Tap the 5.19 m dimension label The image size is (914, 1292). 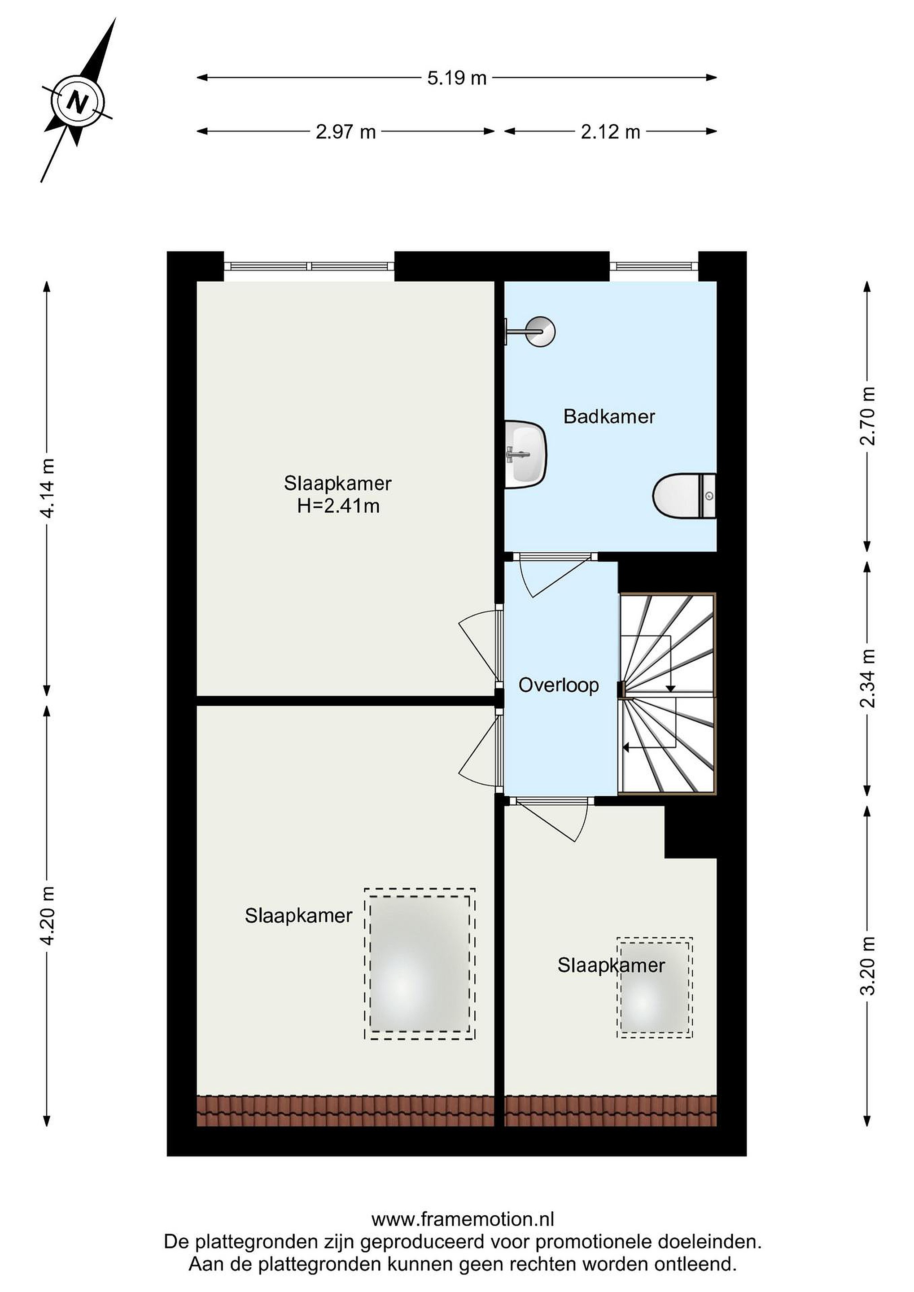coord(456,78)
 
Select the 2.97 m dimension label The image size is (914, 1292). coord(345,132)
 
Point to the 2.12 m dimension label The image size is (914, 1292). coord(611,132)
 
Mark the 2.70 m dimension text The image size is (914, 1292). coord(868,416)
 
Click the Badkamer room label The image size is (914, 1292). coord(609,416)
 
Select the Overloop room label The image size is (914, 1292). coord(558,685)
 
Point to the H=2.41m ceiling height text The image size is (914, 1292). coord(338,506)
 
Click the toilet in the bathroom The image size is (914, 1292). coord(684,496)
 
